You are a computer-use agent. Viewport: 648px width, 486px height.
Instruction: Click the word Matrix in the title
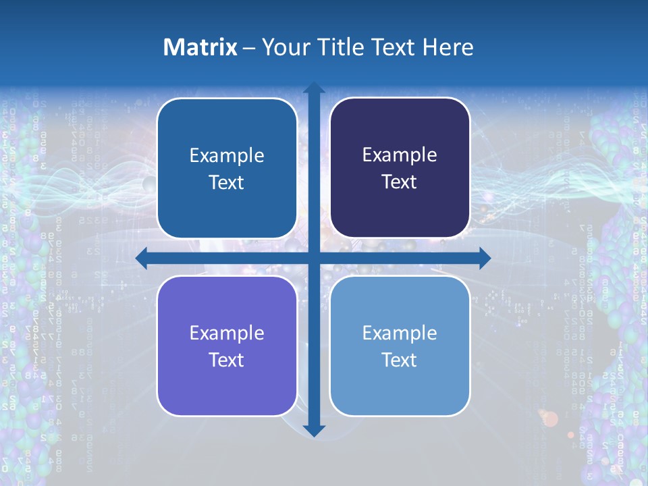[200, 47]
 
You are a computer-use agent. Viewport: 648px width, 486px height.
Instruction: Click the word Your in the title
[283, 47]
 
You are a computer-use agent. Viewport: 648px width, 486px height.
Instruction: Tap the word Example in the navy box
[400, 155]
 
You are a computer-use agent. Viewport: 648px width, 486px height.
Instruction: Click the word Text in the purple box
[227, 360]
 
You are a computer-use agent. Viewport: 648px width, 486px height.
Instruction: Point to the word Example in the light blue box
[400, 333]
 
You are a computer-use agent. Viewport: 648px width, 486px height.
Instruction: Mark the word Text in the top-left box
[227, 182]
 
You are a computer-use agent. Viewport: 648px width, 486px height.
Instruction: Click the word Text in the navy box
[400, 182]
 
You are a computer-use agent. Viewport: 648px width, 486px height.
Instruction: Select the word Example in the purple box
[227, 333]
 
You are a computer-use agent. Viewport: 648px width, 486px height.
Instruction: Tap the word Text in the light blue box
[400, 360]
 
